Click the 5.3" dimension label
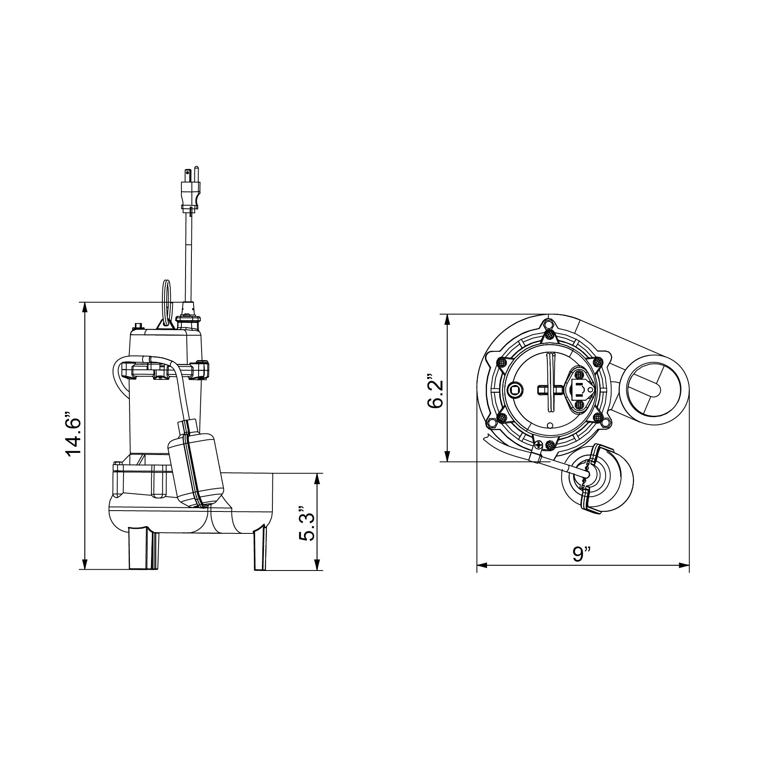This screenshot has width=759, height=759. coord(307,521)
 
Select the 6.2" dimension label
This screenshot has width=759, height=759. coord(435,390)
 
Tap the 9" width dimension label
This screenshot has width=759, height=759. coord(582,554)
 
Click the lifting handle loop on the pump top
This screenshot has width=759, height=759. coord(167,302)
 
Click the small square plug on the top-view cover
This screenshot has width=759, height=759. coord(515,390)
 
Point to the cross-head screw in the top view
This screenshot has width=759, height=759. coord(538,444)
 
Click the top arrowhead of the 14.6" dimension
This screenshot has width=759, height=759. coord(85,307)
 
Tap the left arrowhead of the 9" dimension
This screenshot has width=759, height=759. coord(482,565)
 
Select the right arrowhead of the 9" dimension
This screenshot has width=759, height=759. coord(684,565)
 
